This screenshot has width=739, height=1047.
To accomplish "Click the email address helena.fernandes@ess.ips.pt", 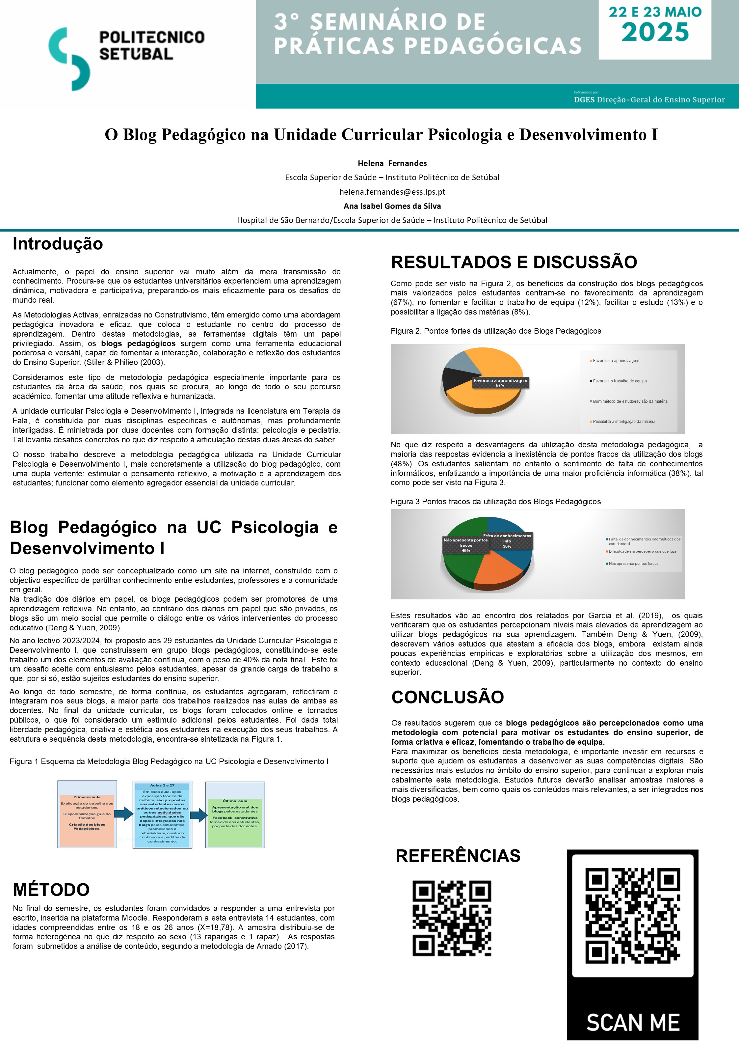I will pos(392,192).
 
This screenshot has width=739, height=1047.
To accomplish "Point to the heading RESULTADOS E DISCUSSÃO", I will pos(514,262).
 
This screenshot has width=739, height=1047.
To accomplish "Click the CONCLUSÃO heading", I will pos(447,697).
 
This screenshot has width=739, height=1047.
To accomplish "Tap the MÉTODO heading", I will pos(51,889).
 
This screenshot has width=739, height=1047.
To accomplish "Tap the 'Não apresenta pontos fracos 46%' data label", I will pos(465,545).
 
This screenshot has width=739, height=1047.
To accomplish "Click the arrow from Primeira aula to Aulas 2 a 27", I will pos(123,813).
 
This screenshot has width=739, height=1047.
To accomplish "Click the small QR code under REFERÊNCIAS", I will pos(451,918).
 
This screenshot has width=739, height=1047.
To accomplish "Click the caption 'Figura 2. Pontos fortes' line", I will pos(495,331).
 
